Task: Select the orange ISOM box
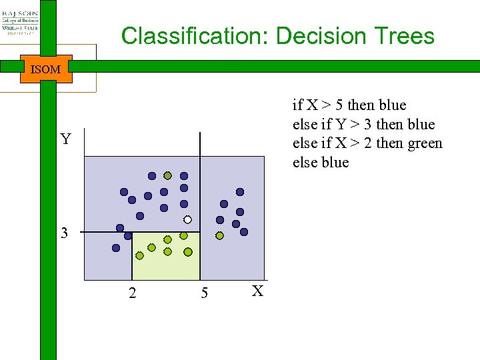[x=46, y=69]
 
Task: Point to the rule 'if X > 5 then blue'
[x=349, y=105]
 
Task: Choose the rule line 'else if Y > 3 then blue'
[x=363, y=125]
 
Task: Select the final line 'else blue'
[x=321, y=163]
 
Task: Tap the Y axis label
[x=65, y=139]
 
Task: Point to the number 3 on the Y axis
[x=64, y=233]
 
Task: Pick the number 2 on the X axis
[x=132, y=293]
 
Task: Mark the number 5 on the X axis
[x=204, y=293]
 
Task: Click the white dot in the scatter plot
[x=188, y=219]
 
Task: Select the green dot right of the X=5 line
[x=219, y=235]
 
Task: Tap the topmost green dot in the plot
[x=168, y=176]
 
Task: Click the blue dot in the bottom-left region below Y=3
[x=116, y=248]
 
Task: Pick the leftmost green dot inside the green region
[x=139, y=255]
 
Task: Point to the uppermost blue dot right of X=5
[x=240, y=192]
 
